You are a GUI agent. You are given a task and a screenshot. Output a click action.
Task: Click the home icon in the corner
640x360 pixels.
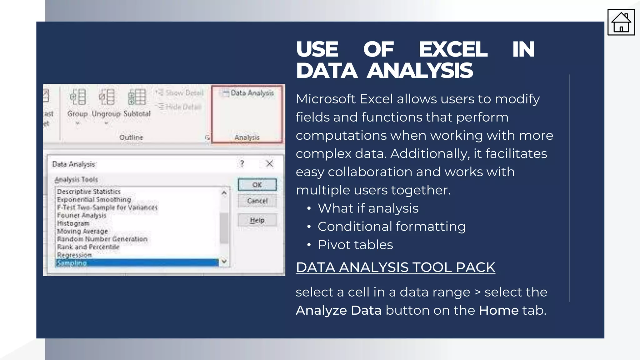pyautogui.click(x=621, y=22)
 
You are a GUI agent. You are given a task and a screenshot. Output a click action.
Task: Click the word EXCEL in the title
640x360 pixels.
pyautogui.click(x=453, y=49)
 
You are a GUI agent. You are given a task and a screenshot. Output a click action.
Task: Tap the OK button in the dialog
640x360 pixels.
pyautogui.click(x=257, y=185)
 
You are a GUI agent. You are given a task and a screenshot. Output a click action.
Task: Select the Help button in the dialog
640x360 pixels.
pyautogui.click(x=257, y=220)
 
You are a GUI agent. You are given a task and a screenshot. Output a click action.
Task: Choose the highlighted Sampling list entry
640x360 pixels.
pyautogui.click(x=137, y=263)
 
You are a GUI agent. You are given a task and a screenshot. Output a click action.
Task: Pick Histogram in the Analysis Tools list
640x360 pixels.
pyautogui.click(x=73, y=223)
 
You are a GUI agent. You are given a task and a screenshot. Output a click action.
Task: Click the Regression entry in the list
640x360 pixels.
pyautogui.click(x=74, y=255)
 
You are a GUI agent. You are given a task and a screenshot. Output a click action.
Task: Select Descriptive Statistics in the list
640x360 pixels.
pyautogui.click(x=89, y=191)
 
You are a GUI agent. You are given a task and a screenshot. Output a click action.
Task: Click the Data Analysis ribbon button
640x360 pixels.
pyautogui.click(x=248, y=93)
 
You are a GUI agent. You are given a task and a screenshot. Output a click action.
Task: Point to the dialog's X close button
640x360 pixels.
pyautogui.click(x=269, y=163)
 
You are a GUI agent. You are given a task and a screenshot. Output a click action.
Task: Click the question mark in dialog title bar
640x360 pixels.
pyautogui.click(x=242, y=163)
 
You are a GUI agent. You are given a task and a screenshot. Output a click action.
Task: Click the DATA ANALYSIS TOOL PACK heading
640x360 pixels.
pyautogui.click(x=395, y=267)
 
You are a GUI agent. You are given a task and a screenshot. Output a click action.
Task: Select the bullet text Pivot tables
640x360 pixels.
pyautogui.click(x=355, y=245)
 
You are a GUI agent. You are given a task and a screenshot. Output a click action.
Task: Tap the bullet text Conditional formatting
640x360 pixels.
pyautogui.click(x=392, y=227)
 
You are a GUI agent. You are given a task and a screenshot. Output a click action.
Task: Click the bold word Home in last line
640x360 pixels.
pyautogui.click(x=498, y=310)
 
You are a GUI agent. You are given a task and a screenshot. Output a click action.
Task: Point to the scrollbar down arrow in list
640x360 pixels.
pyautogui.click(x=224, y=261)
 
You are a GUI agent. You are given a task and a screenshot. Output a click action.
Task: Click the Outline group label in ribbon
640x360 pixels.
pyautogui.click(x=131, y=137)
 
